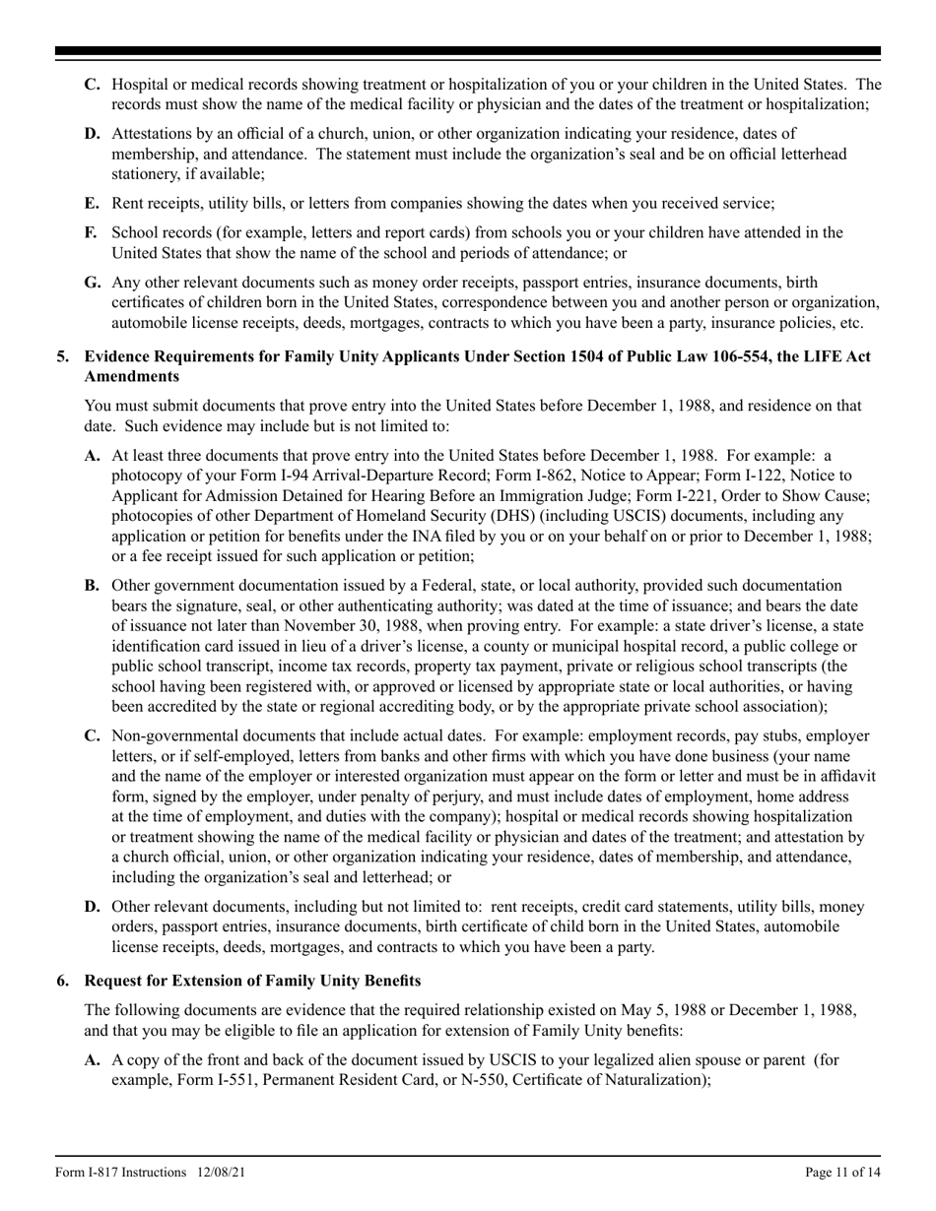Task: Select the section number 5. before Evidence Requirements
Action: [x=63, y=355]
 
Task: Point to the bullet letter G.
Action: [x=93, y=282]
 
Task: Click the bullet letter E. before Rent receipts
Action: [x=93, y=203]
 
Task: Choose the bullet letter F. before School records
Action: [x=92, y=233]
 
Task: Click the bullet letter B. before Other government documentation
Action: [x=93, y=586]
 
